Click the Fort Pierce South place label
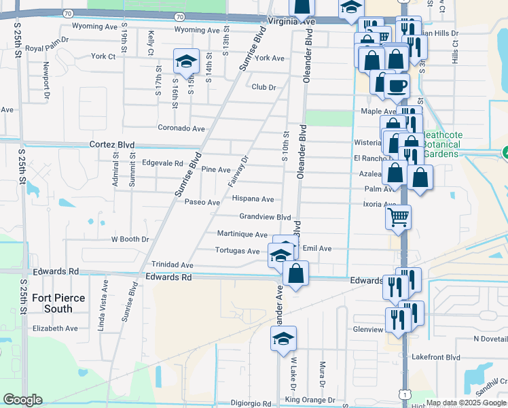(62, 304)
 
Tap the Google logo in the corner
(22, 400)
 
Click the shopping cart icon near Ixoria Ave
(398, 218)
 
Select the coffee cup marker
(397, 86)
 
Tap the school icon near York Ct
(186, 62)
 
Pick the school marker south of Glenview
(284, 339)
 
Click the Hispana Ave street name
(253, 199)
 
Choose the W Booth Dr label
(130, 239)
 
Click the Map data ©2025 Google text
(465, 403)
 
